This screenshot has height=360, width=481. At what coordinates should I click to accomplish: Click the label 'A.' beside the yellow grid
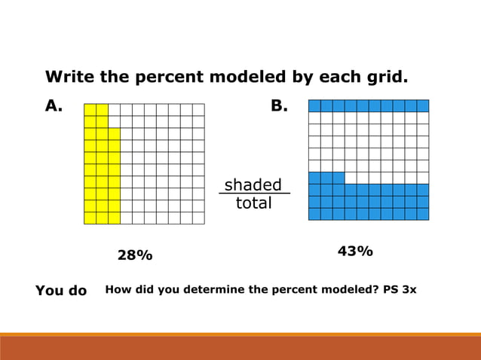53,106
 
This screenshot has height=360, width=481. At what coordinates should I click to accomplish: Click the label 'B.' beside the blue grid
279,106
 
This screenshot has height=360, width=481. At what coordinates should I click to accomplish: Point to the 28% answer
135,256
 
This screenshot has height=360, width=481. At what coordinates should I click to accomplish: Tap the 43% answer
354,252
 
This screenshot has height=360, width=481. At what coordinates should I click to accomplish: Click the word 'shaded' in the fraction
253,185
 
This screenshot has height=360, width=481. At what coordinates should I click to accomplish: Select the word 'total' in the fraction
253,203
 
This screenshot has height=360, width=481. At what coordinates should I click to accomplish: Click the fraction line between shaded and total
253,194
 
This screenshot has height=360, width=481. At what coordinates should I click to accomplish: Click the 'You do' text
61,291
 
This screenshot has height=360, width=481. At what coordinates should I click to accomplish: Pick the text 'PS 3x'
398,290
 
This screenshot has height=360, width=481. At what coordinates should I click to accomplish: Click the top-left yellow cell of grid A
90,110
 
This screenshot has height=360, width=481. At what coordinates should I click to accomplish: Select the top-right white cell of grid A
198,110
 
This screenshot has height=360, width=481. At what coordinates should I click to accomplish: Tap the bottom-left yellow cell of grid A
90,218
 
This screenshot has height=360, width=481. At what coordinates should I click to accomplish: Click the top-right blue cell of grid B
423,105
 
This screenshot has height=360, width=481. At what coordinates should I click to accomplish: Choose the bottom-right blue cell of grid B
423,214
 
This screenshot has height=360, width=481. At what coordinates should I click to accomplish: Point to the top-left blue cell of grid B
314,105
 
